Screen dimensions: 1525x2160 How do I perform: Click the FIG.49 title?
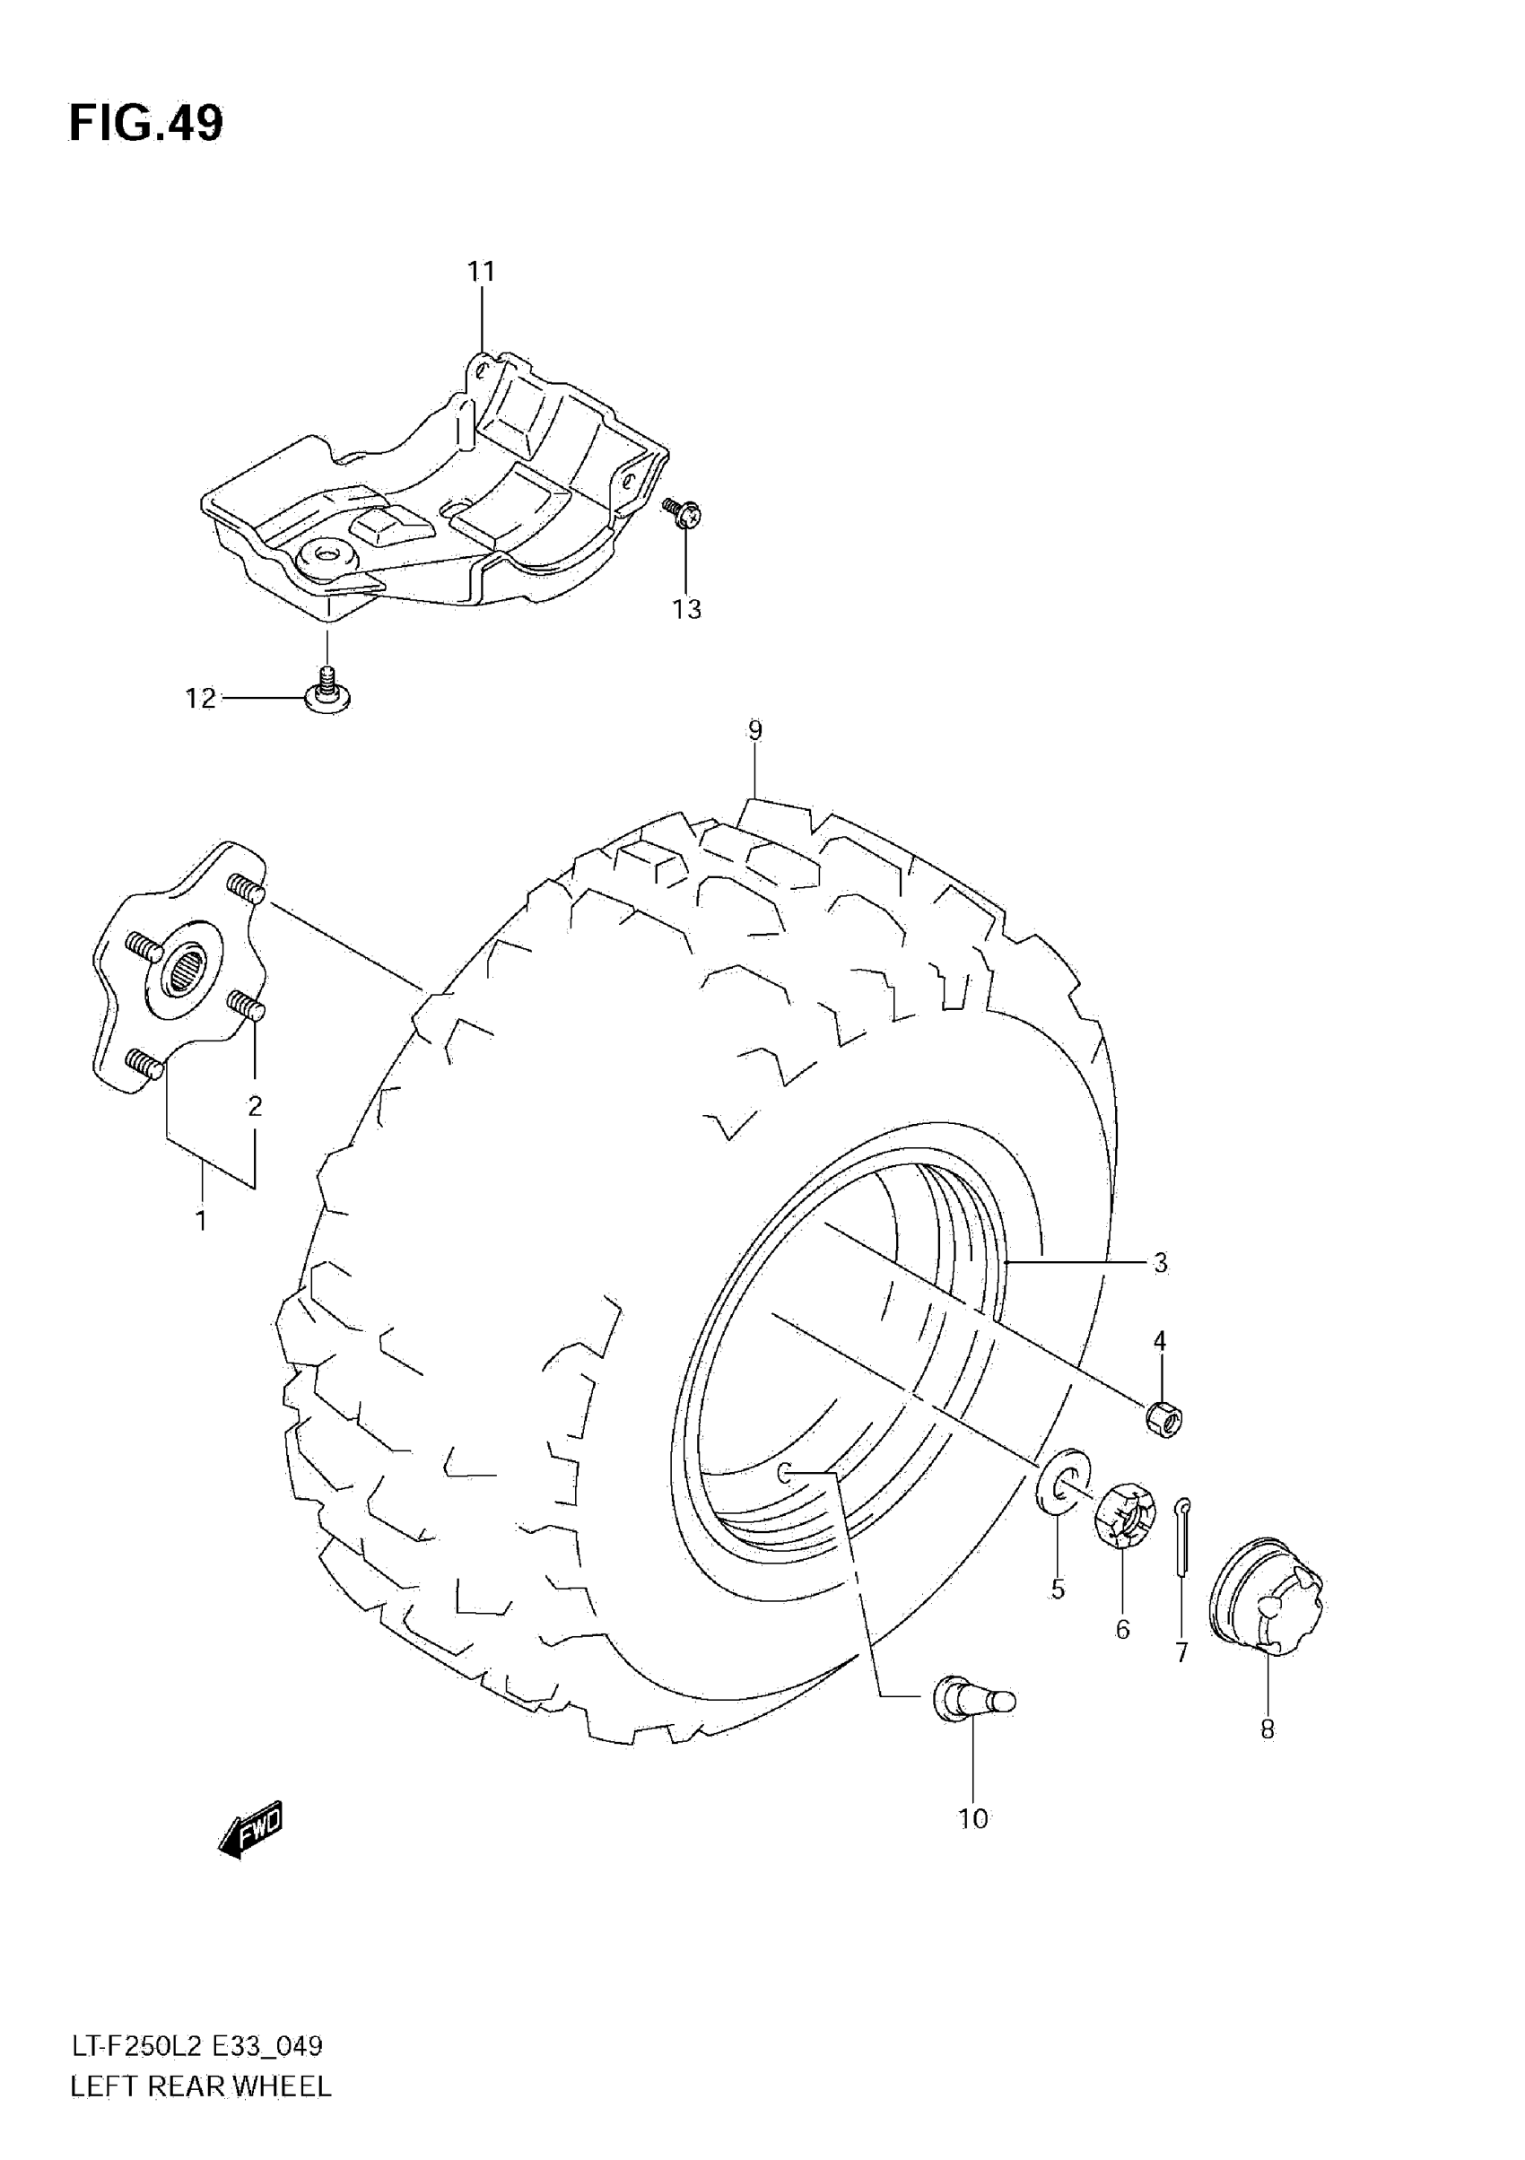[x=146, y=123]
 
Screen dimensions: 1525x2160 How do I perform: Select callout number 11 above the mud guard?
[x=481, y=272]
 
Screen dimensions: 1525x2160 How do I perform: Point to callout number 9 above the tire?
[x=754, y=730]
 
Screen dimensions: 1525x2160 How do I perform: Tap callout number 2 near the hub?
[x=254, y=1106]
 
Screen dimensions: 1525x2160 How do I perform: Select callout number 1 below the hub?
[x=200, y=1221]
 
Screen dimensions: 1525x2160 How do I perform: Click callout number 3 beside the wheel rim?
[x=1160, y=1262]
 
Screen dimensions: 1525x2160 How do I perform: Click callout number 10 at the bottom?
[x=972, y=1819]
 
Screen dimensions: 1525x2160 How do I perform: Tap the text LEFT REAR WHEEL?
[x=200, y=2086]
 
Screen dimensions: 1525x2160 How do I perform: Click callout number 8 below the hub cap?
[x=1268, y=1729]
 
